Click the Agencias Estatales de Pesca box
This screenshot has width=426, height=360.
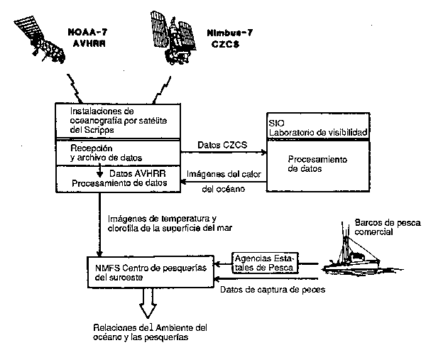[x=265, y=263]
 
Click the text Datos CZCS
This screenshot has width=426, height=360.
[x=224, y=146]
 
